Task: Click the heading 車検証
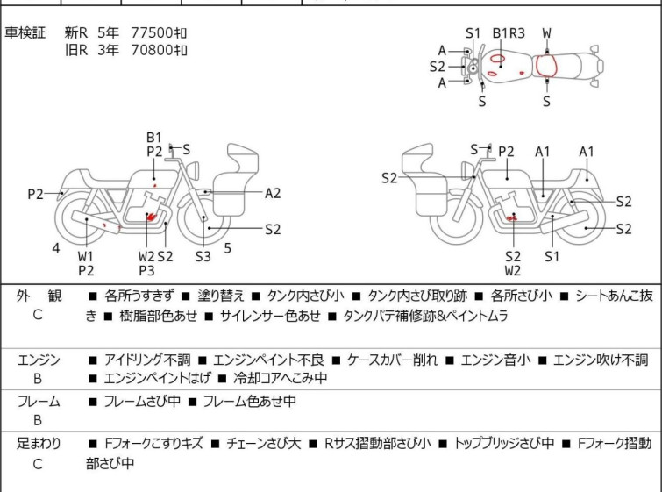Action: pyautogui.click(x=25, y=33)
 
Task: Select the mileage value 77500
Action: pyautogui.click(x=147, y=33)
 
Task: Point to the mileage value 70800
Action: pyautogui.click(x=147, y=50)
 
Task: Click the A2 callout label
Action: pyautogui.click(x=273, y=193)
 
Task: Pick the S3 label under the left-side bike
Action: pyautogui.click(x=203, y=256)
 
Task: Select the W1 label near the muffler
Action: pyautogui.click(x=86, y=256)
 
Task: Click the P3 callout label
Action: pyautogui.click(x=146, y=270)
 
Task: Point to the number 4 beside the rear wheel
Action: pyautogui.click(x=56, y=248)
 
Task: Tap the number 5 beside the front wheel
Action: pyautogui.click(x=227, y=248)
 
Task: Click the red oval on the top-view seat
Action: pyautogui.click(x=547, y=66)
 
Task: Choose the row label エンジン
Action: pyautogui.click(x=39, y=360)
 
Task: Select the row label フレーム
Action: pyautogui.click(x=39, y=402)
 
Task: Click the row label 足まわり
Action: pyautogui.click(x=39, y=444)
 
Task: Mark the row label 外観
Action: pyautogui.click(x=39, y=296)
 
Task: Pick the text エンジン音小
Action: pyautogui.click(x=493, y=360)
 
